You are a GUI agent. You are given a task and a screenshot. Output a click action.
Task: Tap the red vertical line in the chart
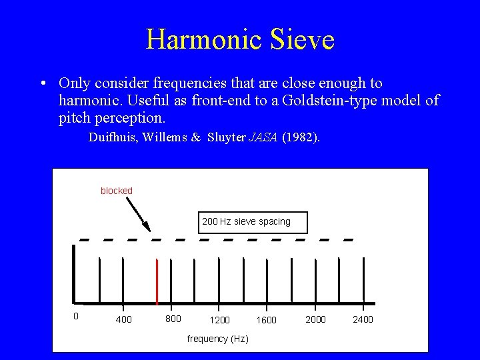point(157,281)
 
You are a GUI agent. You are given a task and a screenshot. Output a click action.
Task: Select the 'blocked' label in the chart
point(117,191)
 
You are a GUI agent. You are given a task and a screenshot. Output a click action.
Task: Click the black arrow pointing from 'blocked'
point(138,213)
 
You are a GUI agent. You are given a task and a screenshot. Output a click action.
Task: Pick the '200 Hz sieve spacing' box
point(246,221)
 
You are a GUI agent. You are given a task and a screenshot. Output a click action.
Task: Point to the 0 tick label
point(75,316)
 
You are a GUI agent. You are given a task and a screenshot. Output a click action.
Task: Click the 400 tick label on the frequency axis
point(123,320)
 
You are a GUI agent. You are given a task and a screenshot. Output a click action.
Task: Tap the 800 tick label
point(173,319)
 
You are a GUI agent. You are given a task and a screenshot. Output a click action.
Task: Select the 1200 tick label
point(220,320)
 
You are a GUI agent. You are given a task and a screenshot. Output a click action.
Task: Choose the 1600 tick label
point(267,320)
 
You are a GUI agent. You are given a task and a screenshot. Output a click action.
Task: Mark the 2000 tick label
point(315,319)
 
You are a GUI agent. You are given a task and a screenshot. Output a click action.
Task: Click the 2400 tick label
point(363,319)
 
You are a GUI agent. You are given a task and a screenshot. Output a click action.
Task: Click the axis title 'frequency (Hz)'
point(218,339)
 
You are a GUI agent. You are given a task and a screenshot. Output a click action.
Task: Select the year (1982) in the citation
point(301,138)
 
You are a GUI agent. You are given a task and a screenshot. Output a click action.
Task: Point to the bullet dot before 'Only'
point(42,84)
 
